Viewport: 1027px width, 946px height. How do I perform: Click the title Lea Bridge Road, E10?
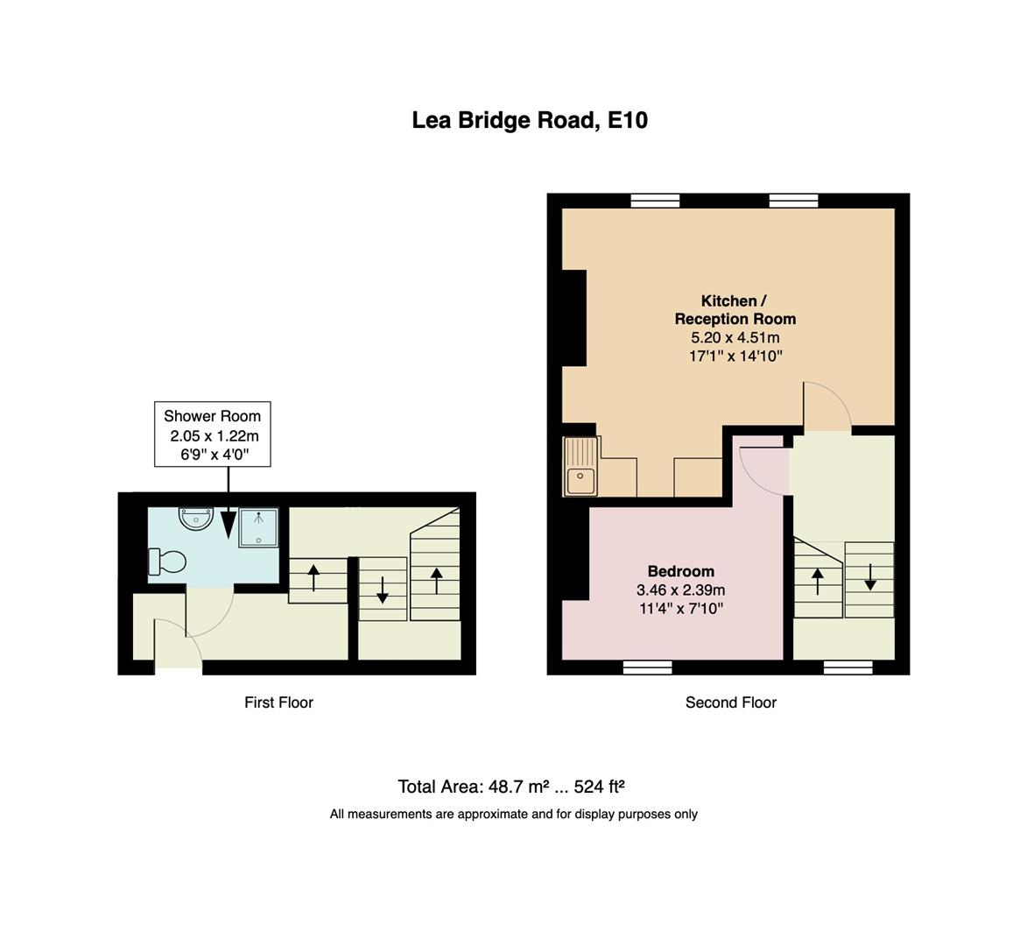(x=530, y=120)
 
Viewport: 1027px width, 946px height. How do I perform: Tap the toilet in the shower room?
(x=167, y=561)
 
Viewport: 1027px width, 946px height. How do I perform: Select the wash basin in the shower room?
(x=195, y=519)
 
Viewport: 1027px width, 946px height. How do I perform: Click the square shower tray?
(x=258, y=528)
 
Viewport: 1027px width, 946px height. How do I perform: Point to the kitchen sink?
(x=580, y=467)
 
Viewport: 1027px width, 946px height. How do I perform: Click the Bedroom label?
(x=680, y=571)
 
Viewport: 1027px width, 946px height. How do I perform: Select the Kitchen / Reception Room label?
(x=735, y=310)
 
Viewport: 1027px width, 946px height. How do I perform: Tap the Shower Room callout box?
(x=212, y=434)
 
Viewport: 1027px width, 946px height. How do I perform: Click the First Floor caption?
(x=278, y=702)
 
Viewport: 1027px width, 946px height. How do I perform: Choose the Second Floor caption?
(x=730, y=702)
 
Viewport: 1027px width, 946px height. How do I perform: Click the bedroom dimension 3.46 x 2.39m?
(x=680, y=589)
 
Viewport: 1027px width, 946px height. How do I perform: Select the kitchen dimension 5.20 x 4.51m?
(x=735, y=337)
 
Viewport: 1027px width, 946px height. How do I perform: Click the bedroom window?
(x=647, y=667)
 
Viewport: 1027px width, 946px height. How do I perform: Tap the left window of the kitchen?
(x=655, y=201)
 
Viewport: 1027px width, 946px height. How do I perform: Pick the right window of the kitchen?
(x=793, y=201)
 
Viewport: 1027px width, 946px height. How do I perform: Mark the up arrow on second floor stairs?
(x=818, y=581)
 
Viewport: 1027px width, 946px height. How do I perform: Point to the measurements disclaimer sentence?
(x=513, y=815)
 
